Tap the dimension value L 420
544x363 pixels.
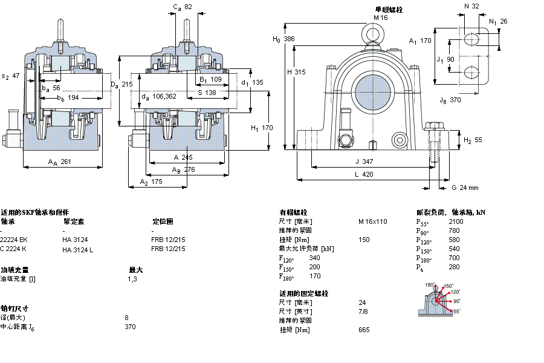point(364,174)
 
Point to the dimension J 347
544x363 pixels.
point(364,162)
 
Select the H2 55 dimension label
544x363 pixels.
point(473,140)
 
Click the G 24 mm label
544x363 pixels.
point(465,187)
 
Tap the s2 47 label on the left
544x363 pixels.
point(11,76)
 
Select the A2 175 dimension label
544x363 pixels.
point(151,181)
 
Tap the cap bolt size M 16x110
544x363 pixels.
point(372,221)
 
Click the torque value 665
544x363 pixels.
point(364,330)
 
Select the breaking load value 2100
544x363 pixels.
point(456,221)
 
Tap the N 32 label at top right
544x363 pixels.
point(471,6)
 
